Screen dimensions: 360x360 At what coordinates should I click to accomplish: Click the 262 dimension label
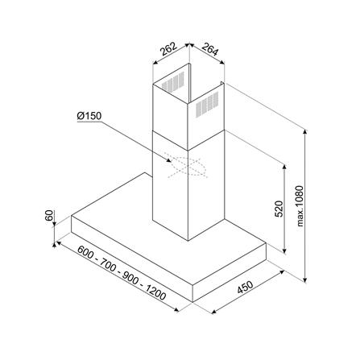[168, 49]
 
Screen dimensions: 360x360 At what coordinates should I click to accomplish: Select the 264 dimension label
[210, 49]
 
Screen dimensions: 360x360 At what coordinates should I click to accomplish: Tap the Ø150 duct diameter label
[89, 116]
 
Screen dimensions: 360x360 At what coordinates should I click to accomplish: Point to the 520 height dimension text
[279, 209]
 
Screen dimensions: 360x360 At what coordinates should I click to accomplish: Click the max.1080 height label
[300, 206]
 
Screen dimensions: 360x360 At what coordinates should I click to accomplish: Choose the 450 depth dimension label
[245, 288]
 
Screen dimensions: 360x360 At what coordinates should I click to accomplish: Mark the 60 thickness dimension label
[49, 215]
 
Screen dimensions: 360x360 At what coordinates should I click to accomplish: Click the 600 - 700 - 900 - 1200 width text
[122, 273]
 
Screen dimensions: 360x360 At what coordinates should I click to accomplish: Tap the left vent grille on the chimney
[173, 81]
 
